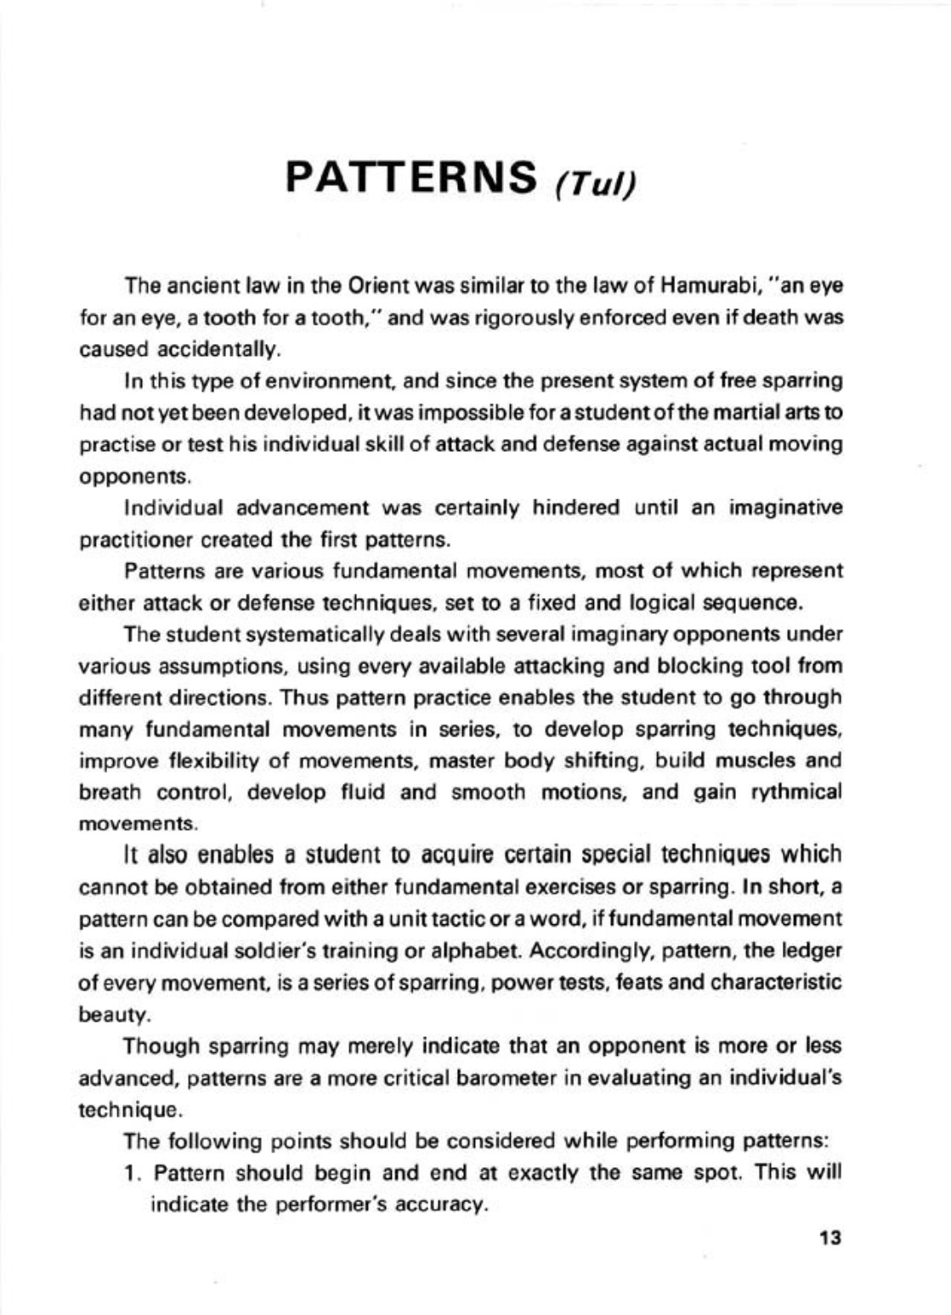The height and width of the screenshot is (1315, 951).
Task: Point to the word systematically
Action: click(283, 634)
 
